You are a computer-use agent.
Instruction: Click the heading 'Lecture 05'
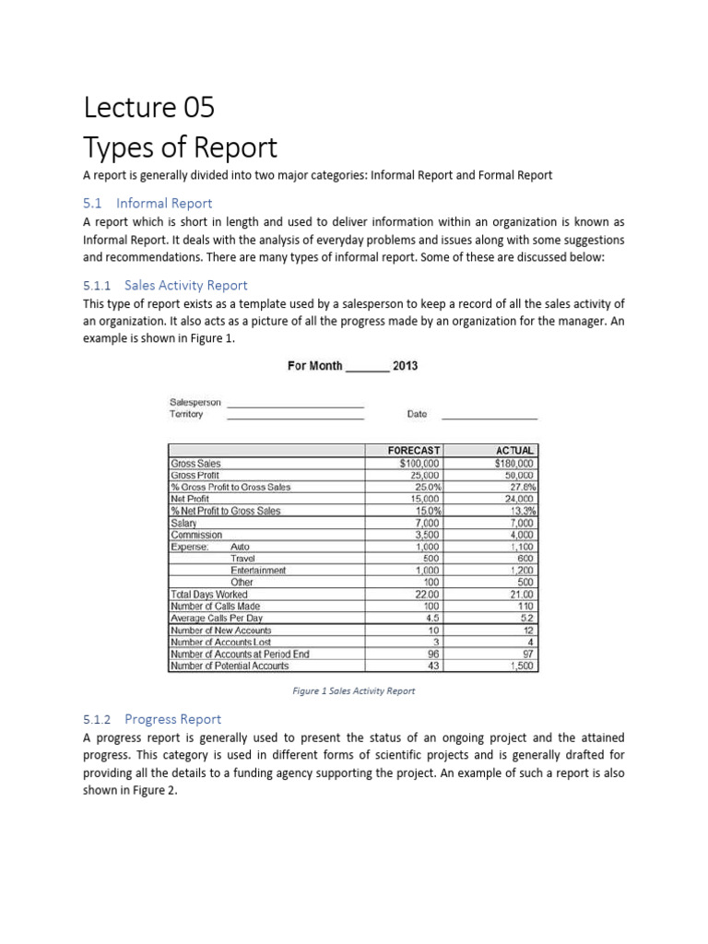click(148, 108)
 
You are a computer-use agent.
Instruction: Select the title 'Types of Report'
click(180, 147)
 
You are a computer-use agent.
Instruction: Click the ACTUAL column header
click(514, 450)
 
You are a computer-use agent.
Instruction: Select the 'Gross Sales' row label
click(195, 463)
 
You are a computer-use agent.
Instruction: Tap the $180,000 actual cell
click(514, 463)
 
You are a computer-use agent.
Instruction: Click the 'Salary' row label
click(183, 523)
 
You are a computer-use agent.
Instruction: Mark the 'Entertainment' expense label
click(258, 571)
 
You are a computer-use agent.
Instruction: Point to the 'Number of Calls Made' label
click(215, 606)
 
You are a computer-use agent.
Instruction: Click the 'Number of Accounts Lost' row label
click(220, 642)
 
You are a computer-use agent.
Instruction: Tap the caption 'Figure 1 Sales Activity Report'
click(354, 690)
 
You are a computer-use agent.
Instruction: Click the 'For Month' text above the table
click(314, 365)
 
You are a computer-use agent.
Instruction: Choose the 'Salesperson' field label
click(195, 403)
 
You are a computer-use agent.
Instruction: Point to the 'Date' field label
click(417, 414)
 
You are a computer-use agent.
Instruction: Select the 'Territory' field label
click(187, 415)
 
